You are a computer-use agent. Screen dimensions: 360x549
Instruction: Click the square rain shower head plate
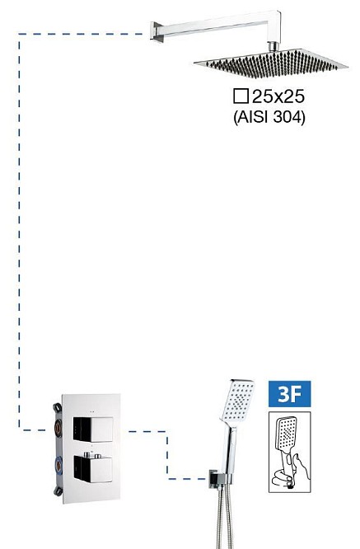coord(271,63)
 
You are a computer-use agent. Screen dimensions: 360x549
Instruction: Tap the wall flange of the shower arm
coord(157,32)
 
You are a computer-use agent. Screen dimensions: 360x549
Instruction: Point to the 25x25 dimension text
coord(278,96)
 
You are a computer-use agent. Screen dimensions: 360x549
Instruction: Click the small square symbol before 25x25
coord(241,96)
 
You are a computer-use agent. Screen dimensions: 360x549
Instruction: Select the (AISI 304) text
coord(269,117)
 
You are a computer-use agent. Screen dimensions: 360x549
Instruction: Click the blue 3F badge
coord(289,394)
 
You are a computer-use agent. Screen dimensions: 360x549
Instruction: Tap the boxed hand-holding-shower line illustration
coord(289,452)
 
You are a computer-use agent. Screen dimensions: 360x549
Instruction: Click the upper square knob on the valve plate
coord(93,429)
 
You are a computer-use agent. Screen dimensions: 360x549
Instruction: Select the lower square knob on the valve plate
coord(93,469)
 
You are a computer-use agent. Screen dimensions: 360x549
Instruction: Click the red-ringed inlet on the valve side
coord(58,427)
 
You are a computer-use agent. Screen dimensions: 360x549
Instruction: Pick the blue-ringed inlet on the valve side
coord(58,466)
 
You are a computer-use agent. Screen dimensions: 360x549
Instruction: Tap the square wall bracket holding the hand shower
coord(213,478)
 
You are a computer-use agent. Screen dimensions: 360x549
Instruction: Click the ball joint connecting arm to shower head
coord(274,46)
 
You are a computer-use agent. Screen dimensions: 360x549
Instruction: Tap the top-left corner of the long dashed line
coord(19,34)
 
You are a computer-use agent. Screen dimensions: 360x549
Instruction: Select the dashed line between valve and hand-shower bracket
coord(167,455)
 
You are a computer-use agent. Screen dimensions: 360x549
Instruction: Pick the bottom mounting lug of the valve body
coord(58,490)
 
